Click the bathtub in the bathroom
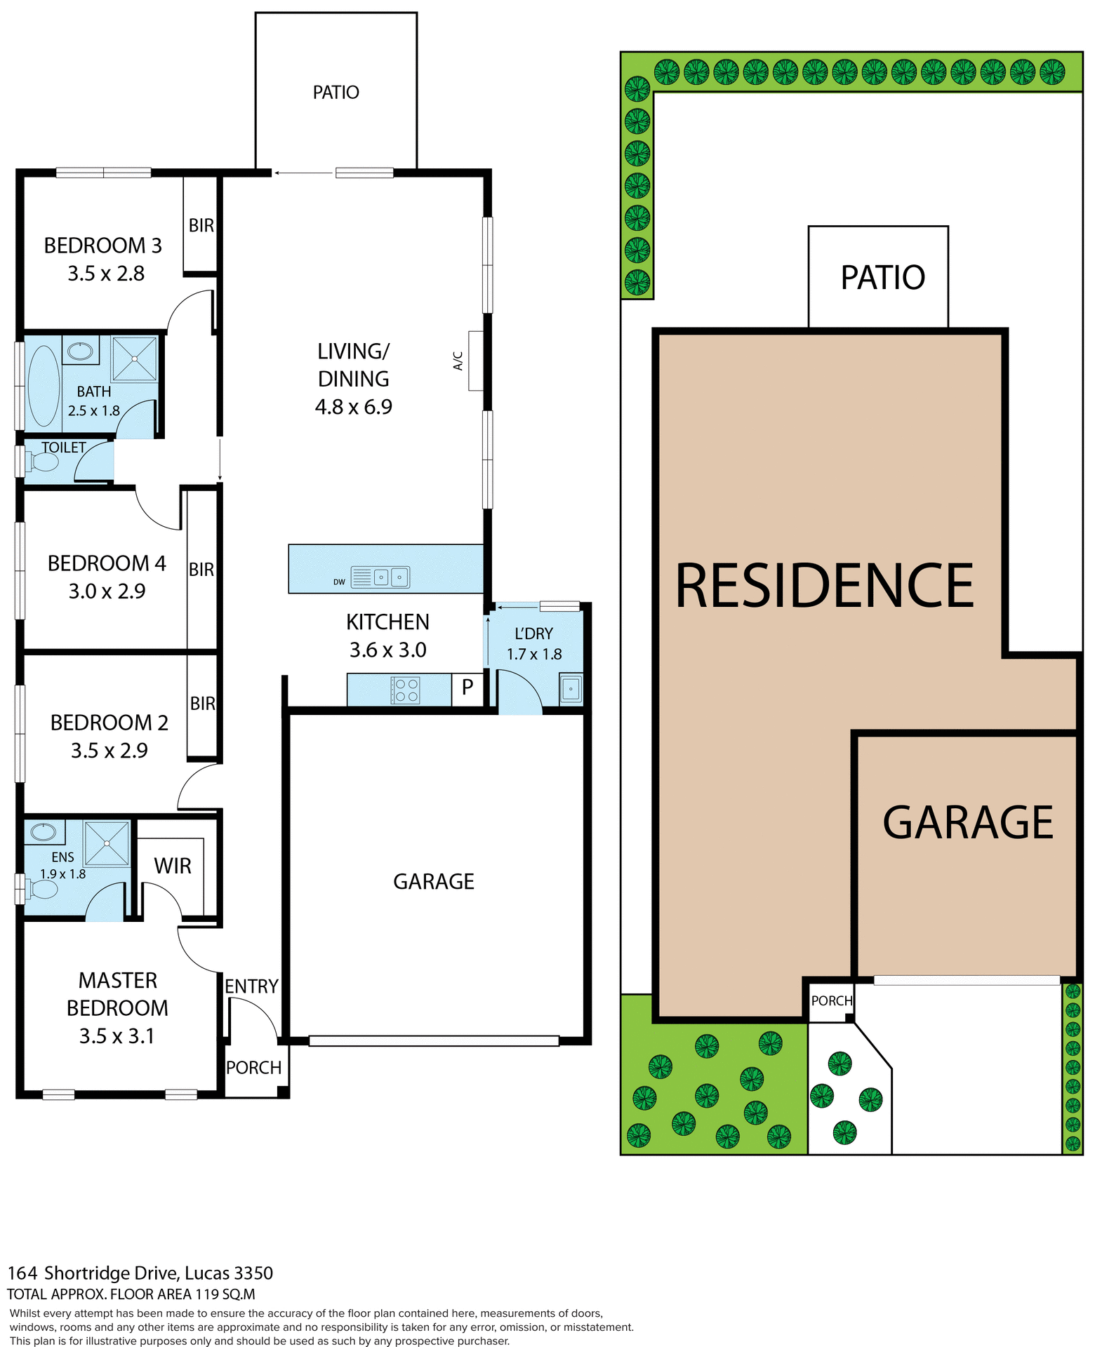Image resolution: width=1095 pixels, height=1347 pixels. click(44, 385)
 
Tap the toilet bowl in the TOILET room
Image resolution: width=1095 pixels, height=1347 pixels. click(44, 462)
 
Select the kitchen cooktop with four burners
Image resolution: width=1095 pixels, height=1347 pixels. click(405, 690)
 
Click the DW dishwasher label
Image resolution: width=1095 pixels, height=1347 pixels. click(339, 582)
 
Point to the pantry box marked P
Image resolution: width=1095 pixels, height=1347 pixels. click(467, 688)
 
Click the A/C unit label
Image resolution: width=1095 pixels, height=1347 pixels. click(458, 361)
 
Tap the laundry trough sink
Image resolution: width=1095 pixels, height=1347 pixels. click(570, 689)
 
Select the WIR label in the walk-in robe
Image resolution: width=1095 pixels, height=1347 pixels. click(173, 866)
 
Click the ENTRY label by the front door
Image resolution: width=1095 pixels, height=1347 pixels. click(251, 986)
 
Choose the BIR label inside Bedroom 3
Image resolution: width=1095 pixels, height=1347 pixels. click(201, 225)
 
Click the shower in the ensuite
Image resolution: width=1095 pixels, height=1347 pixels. click(107, 843)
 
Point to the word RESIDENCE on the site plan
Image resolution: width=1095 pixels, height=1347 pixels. click(825, 586)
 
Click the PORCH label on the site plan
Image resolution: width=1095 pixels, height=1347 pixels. click(832, 1000)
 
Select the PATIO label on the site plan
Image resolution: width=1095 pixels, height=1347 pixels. click(883, 277)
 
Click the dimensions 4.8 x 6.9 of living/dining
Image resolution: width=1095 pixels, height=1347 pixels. click(353, 406)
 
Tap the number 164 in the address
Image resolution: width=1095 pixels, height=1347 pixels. click(22, 1273)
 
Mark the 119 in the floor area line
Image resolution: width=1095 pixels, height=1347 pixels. click(206, 1294)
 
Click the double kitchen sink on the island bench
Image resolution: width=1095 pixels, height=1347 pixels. click(390, 577)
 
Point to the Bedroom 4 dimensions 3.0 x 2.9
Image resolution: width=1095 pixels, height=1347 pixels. click(107, 591)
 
